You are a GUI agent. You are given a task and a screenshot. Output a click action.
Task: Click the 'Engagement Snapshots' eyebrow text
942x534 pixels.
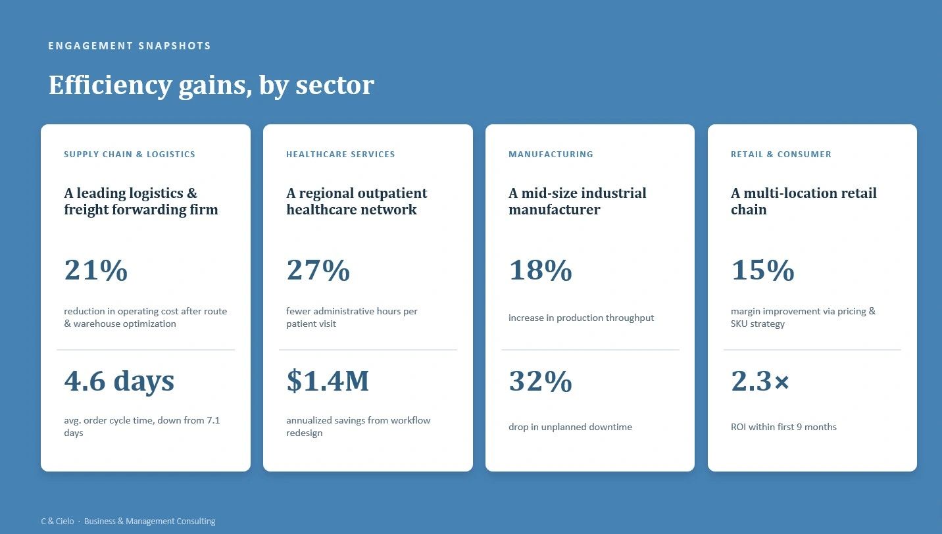coord(129,46)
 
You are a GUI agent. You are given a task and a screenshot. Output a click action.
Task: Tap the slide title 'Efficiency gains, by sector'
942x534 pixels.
coord(211,85)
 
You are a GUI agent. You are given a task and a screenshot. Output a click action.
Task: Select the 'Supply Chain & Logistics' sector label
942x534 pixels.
coord(130,155)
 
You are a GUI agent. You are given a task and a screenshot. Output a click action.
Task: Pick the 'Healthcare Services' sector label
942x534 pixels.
coord(340,155)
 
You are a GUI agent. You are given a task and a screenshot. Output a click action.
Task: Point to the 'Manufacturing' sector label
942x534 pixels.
coord(551,155)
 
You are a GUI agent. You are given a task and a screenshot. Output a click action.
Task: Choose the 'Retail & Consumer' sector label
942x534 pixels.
coord(781,155)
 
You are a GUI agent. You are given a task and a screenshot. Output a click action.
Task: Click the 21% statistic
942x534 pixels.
coord(95,270)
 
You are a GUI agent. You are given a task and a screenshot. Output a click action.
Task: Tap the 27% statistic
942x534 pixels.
coord(318,270)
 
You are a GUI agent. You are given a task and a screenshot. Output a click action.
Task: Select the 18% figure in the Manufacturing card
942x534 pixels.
coord(540,270)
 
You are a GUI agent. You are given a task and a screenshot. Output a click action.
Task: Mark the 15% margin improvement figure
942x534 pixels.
coord(762,270)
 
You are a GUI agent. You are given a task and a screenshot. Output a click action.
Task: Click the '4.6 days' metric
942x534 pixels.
coord(119,381)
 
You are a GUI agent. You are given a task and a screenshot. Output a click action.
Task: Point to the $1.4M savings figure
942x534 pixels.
coord(328,381)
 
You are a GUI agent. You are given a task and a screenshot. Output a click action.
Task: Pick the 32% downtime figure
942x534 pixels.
coord(540,381)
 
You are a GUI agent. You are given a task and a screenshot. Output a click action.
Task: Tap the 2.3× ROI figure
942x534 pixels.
coord(760,381)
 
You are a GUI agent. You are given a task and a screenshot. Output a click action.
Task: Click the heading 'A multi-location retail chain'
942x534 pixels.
coord(804,201)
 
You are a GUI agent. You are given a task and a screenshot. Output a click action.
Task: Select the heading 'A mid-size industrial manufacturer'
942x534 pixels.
coord(578,201)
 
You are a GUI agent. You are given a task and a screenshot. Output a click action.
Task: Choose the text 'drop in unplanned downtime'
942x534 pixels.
coord(570,427)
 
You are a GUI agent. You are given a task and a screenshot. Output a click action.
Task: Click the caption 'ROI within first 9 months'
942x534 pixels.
coord(783,427)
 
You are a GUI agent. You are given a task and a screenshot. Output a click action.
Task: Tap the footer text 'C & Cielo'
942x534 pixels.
coord(57,522)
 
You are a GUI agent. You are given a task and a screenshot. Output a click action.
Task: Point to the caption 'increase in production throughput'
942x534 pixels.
coord(581,318)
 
